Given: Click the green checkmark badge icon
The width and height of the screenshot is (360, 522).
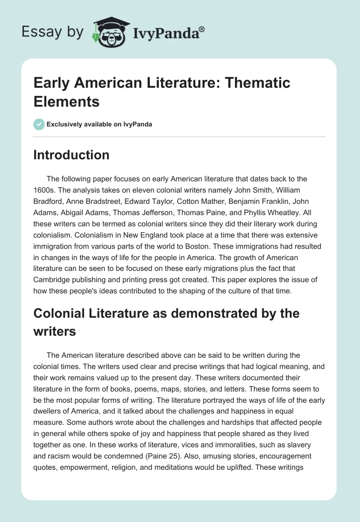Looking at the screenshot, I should tap(39, 124).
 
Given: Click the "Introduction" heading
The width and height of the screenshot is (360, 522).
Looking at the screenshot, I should tap(72, 155).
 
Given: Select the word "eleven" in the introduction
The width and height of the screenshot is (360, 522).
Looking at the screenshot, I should tap(144, 190).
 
